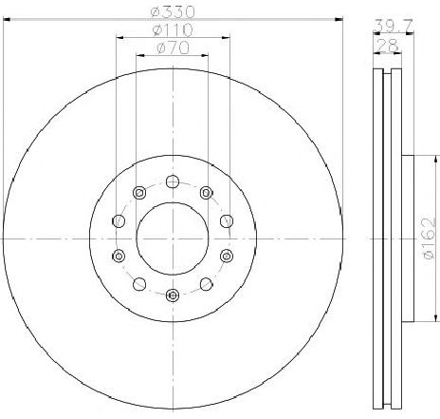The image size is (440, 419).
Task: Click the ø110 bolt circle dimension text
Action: (x=172, y=30)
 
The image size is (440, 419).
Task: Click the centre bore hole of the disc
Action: (x=172, y=238)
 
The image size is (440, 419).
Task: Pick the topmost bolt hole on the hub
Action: (x=172, y=181)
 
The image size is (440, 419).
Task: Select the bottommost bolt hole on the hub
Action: (x=172, y=295)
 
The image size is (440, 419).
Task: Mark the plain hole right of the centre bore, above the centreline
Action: (x=226, y=220)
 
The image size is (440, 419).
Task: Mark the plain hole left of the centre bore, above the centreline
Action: (x=118, y=220)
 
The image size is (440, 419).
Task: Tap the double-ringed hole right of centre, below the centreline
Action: (x=226, y=255)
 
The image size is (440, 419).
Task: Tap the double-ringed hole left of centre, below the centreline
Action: (x=118, y=255)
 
